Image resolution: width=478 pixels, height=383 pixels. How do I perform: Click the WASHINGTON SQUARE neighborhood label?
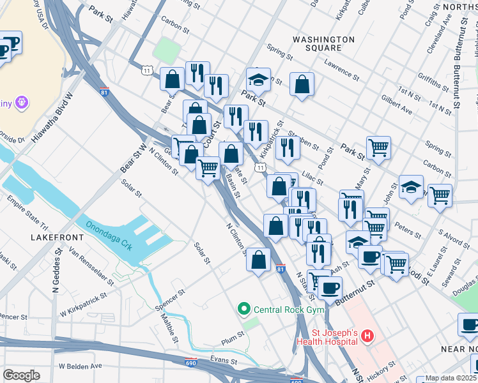point(323,43)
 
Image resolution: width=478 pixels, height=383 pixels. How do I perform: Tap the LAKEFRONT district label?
point(57,237)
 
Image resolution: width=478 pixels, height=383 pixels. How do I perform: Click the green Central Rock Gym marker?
point(243,310)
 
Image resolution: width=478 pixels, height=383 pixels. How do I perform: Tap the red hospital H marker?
point(367,335)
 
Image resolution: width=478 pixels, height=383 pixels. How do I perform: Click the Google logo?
point(21,375)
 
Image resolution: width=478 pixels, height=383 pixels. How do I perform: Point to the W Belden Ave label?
point(80,366)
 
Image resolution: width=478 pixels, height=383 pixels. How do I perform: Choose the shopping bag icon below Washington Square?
point(302,84)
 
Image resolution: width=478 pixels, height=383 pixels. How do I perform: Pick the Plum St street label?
point(233,333)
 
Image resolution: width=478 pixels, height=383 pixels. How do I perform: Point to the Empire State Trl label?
point(27,214)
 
